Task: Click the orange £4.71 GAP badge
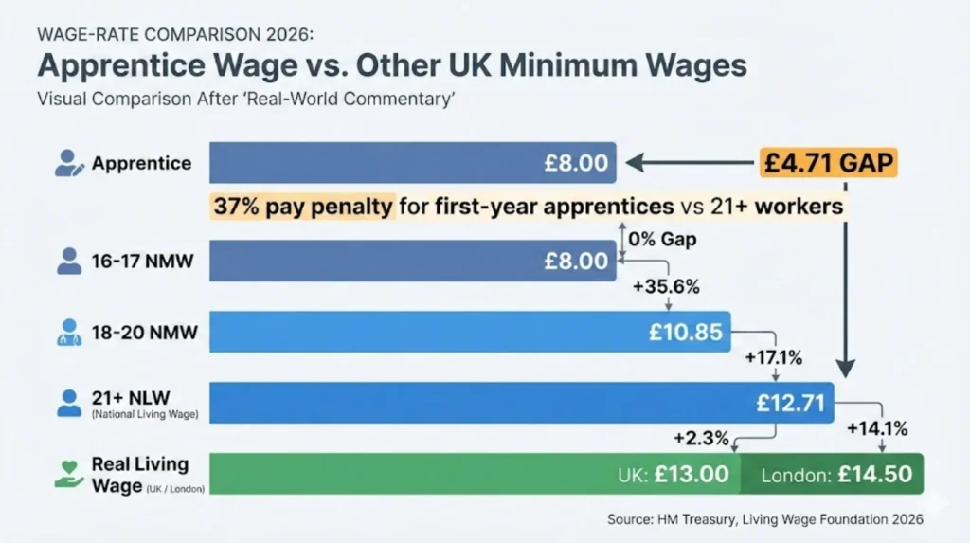(828, 163)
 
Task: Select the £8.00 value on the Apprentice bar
(575, 163)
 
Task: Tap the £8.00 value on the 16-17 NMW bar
(575, 261)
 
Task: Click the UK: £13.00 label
(675, 474)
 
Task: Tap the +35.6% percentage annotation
(671, 286)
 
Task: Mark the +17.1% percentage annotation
(775, 357)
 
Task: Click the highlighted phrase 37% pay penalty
(303, 206)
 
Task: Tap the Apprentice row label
(141, 163)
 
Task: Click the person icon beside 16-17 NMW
(69, 261)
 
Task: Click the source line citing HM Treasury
(764, 519)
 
